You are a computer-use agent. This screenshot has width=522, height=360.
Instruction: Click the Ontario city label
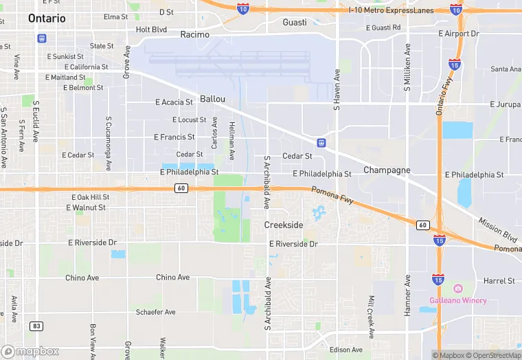tap(47, 19)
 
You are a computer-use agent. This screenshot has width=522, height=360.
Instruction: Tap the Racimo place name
tap(194, 34)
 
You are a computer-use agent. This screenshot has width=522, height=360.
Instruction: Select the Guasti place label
tap(295, 23)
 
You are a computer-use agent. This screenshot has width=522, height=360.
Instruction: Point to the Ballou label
tap(212, 99)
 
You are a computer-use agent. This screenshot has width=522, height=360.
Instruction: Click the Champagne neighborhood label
tap(387, 170)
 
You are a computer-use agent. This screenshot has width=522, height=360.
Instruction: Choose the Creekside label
tap(284, 225)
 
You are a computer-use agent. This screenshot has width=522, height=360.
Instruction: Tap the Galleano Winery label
tap(458, 300)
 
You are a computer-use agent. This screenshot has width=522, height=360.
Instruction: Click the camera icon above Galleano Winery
tap(458, 289)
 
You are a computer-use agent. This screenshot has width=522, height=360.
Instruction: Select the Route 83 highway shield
tap(36, 325)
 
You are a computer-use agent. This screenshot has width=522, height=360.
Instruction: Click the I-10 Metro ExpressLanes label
tap(390, 10)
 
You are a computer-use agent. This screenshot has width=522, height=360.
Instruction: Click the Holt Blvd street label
tap(151, 30)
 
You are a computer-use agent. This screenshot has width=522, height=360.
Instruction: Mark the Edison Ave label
tap(346, 350)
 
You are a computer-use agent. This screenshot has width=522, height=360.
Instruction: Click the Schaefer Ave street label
tap(156, 312)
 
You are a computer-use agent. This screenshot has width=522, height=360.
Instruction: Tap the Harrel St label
tap(499, 281)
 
